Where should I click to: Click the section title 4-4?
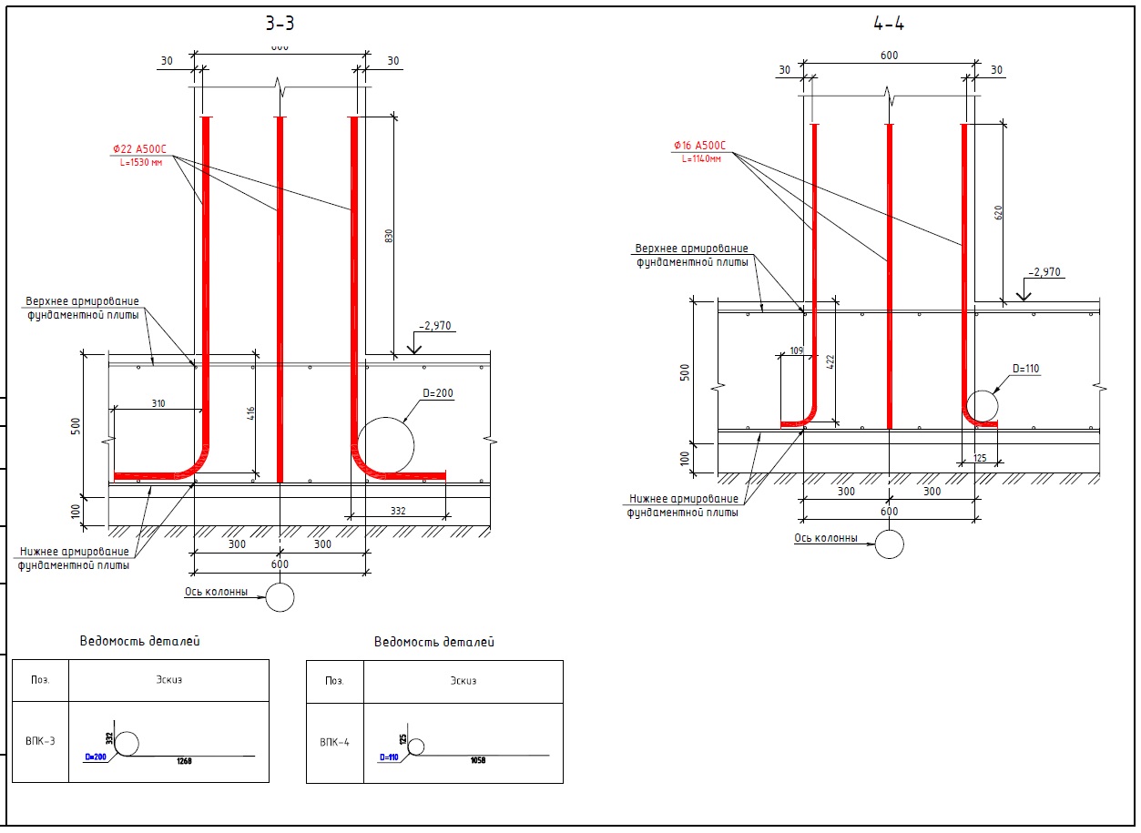tap(888, 25)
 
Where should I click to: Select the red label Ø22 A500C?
tap(139, 149)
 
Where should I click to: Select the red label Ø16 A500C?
tap(699, 146)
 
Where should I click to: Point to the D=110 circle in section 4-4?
tap(982, 405)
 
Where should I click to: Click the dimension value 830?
tap(389, 235)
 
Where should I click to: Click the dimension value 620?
tap(998, 213)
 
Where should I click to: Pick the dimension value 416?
tap(251, 414)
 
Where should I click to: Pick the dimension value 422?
tap(830, 361)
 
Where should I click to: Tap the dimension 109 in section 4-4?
tap(797, 350)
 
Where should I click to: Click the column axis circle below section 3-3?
tap(280, 597)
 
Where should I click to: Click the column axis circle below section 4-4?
tap(889, 543)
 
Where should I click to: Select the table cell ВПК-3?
tap(40, 741)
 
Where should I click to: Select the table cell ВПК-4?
tap(334, 742)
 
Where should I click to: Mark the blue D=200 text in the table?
tap(96, 757)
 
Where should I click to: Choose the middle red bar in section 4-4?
tap(889, 273)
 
